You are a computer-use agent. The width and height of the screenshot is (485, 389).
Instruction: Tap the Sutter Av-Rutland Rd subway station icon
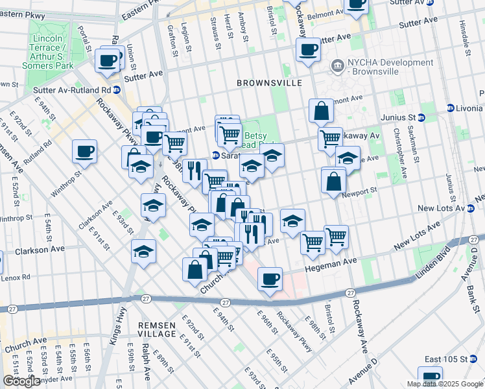click(117, 90)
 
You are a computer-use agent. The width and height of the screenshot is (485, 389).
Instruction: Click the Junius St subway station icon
click(421, 117)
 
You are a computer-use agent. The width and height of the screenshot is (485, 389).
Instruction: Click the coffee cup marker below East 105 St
click(430, 377)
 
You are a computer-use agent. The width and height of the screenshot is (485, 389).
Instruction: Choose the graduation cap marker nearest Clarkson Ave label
click(143, 251)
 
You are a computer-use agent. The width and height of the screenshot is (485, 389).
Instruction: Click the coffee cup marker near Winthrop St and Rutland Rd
click(84, 152)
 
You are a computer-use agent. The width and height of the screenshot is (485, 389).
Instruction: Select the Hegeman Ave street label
click(331, 261)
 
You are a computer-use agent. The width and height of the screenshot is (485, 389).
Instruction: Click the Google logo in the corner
click(21, 381)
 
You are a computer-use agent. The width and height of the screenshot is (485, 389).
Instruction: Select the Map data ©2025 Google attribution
click(444, 384)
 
